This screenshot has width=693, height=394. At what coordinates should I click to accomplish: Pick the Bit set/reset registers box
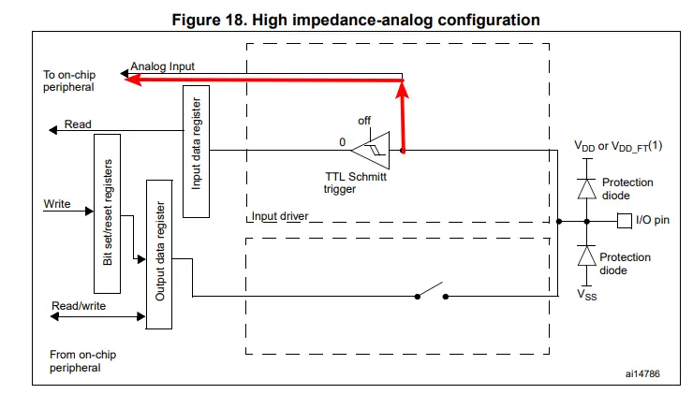pos(109,212)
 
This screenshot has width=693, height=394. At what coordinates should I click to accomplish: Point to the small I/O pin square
pos(624,221)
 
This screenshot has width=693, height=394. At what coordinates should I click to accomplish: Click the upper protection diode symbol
pos(586,188)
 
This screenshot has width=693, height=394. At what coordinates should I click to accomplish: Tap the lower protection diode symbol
pos(586,255)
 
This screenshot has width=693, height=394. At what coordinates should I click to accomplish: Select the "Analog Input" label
pos(163,67)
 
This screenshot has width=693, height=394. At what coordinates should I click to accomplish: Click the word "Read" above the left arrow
pos(78,125)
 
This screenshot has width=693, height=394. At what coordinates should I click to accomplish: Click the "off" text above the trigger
pos(364,121)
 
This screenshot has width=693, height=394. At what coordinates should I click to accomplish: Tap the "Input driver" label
pos(281,217)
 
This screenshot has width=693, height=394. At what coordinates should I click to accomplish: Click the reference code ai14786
pos(644,373)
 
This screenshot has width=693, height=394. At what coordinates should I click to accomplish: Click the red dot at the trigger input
pos(404,150)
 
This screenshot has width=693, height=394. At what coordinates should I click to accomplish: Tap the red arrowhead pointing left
pos(133,80)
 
